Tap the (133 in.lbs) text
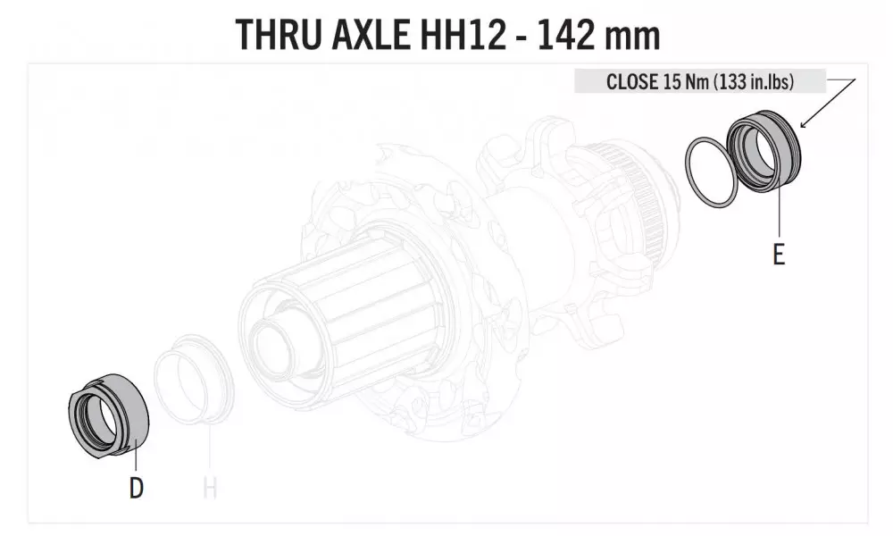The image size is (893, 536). (x=754, y=81)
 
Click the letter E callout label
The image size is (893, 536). (x=779, y=254)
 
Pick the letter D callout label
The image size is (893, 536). (x=136, y=488)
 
